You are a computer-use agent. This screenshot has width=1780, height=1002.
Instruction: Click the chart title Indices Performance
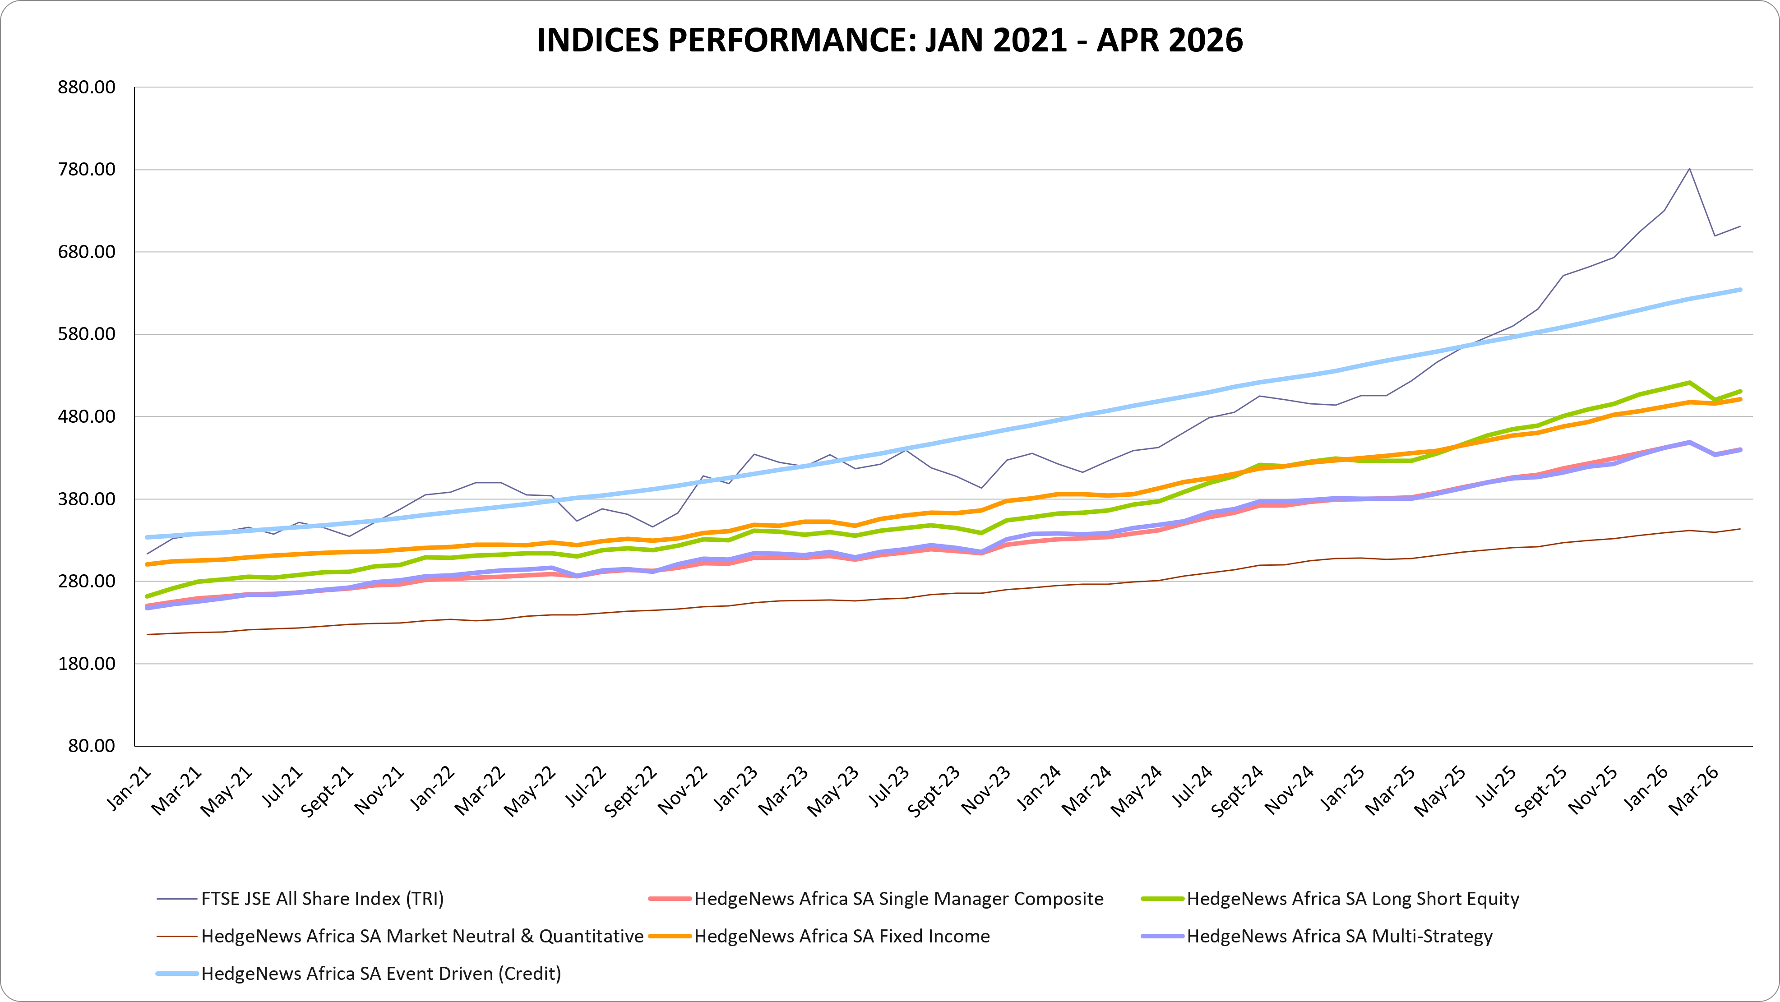point(890,40)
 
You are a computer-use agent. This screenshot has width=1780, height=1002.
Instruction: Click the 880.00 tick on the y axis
point(86,87)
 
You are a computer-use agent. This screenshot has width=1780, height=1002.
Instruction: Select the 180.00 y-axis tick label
point(86,663)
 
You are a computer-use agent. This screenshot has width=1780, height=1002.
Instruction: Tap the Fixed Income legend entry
point(819,936)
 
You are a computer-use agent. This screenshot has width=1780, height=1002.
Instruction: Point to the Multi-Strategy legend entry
point(1317,936)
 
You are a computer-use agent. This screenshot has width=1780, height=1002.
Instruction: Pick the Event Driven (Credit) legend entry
point(359,973)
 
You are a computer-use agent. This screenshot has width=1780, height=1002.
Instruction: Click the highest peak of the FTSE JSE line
point(1689,169)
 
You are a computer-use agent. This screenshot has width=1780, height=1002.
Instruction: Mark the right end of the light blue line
point(1740,290)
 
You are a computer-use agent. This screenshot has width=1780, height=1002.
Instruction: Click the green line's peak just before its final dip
point(1689,382)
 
